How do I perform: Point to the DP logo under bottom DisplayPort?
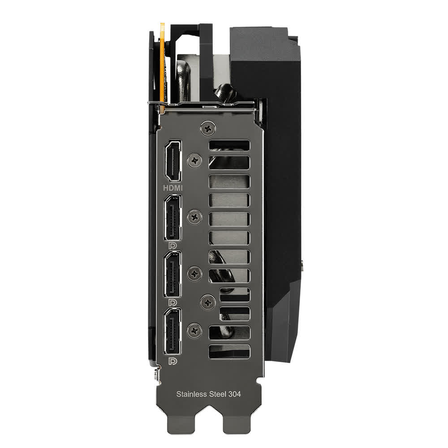pos(172,361)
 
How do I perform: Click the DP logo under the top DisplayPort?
pos(172,246)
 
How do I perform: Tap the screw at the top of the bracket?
pos(207,128)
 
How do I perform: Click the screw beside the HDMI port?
pos(194,159)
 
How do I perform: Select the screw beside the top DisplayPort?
pos(194,217)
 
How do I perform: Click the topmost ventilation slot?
pos(229,145)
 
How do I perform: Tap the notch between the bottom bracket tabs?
pos(210,430)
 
